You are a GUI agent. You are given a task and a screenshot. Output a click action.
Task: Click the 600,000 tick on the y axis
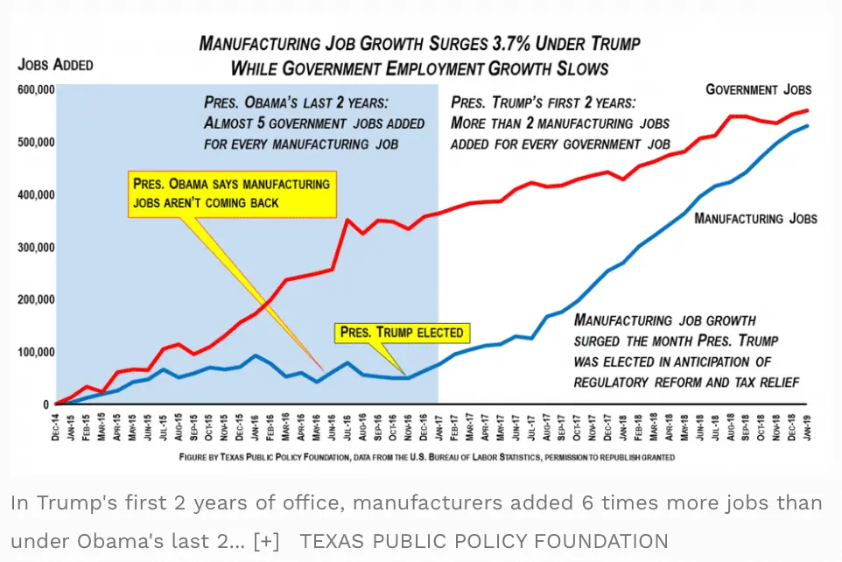click(37, 89)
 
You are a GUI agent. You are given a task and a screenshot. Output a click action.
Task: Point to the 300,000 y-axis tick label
click(37, 247)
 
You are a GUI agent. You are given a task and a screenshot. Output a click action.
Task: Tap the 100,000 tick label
click(37, 352)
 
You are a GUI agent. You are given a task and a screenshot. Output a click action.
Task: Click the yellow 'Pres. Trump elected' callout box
click(403, 333)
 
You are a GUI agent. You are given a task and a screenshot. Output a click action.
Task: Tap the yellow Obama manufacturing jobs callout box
click(232, 193)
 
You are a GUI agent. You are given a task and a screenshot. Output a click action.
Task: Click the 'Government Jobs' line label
click(758, 89)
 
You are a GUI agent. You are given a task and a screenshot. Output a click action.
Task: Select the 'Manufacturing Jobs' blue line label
click(755, 218)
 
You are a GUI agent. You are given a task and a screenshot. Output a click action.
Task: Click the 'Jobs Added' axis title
click(55, 65)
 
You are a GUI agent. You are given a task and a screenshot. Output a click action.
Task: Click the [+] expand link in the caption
click(267, 541)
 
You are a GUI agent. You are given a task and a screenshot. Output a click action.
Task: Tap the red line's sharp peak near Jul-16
click(347, 220)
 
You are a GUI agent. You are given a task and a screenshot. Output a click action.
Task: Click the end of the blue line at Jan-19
click(807, 126)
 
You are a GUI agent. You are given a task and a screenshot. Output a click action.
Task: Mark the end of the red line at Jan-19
click(807, 110)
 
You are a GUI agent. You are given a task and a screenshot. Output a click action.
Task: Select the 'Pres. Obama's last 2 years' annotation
click(314, 123)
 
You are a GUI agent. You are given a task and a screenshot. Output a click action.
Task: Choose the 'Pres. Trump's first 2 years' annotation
click(560, 123)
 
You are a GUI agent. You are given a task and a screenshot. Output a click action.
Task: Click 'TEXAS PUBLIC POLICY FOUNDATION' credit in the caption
click(484, 541)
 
